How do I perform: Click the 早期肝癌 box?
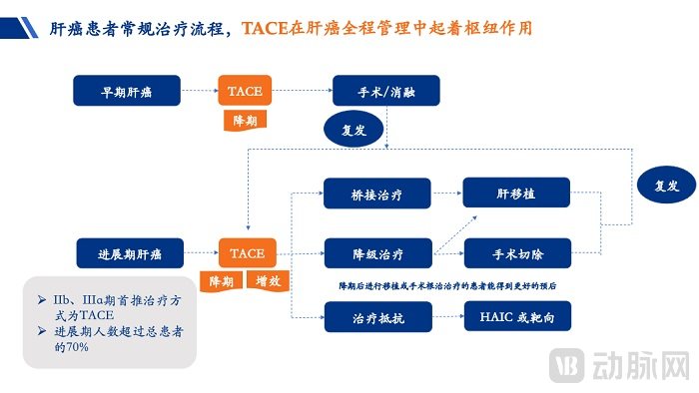coord(127,91)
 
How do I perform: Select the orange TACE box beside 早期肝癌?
coord(246,91)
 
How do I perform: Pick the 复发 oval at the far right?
coord(665,186)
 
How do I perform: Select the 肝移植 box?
coord(515,193)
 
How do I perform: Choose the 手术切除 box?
coord(515,253)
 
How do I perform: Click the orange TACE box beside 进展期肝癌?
coord(246,253)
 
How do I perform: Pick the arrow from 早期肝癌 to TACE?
coord(200,91)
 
